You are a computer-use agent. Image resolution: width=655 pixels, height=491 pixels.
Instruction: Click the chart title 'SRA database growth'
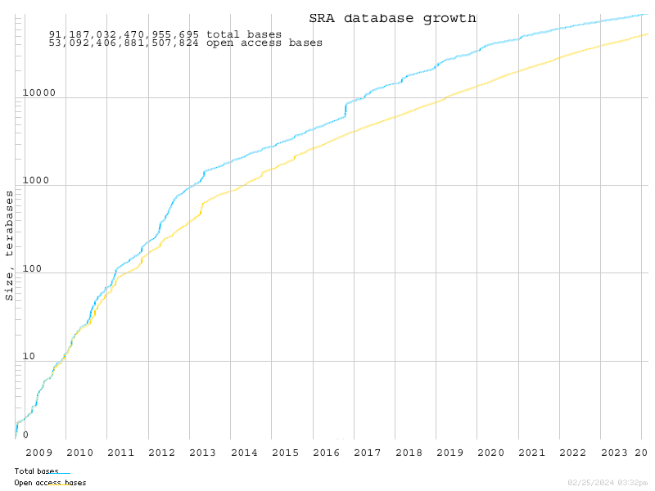point(392,18)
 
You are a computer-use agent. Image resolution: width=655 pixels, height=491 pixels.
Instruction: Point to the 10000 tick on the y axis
point(38,92)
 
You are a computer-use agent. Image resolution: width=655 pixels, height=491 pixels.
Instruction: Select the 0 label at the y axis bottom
point(25,435)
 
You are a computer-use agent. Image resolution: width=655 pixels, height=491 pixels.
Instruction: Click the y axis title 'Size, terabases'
point(10,245)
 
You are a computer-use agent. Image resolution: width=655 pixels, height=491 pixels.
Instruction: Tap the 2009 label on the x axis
point(38,453)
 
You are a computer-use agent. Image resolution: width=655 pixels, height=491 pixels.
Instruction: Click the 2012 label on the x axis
point(161,453)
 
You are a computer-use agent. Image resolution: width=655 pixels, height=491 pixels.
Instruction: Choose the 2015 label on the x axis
point(285,453)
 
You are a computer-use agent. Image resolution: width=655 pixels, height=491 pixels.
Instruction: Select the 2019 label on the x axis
point(449,453)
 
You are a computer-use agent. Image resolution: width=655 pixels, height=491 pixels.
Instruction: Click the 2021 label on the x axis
point(531,453)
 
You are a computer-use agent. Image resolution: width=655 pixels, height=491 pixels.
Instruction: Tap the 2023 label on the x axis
point(614,453)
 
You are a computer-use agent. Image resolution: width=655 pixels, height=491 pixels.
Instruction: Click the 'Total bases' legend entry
point(37,471)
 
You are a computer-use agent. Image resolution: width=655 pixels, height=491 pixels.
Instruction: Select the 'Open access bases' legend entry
point(50,483)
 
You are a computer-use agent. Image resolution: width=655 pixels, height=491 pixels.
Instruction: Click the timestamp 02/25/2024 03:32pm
point(607,483)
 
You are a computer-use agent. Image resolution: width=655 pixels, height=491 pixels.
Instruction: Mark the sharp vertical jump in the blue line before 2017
point(346,110)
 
